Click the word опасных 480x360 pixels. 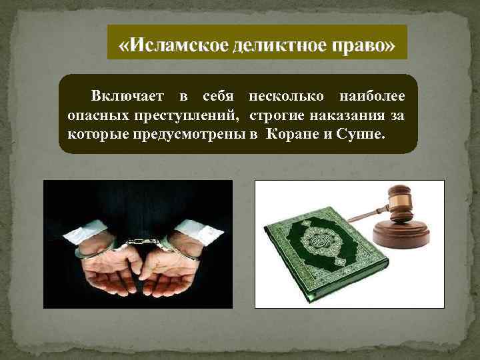click(94, 116)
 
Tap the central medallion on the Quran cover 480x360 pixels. click(319, 248)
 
